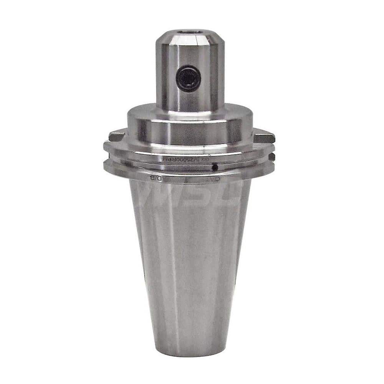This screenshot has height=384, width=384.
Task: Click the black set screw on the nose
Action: pos(189,78)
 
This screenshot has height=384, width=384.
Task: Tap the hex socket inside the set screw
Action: pos(189,78)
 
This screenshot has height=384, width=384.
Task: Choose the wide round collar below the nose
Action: pos(190,127)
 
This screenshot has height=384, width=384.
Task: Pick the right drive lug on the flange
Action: pos(264,136)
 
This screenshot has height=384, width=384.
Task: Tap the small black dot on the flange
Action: pos(215,167)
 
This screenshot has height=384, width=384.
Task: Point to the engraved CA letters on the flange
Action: pos(217,178)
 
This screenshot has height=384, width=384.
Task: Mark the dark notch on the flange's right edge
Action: pos(271,157)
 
